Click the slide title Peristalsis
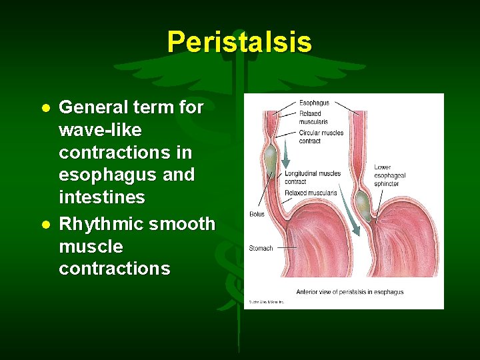point(239,41)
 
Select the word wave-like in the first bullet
point(100,129)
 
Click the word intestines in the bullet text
point(101,197)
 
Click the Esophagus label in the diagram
point(313,103)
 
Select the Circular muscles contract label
point(321,137)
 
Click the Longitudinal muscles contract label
point(313,177)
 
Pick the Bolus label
point(257,215)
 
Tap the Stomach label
point(261,248)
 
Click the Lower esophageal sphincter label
point(389,175)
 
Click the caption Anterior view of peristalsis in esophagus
point(349,292)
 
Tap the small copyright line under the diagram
point(267,302)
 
